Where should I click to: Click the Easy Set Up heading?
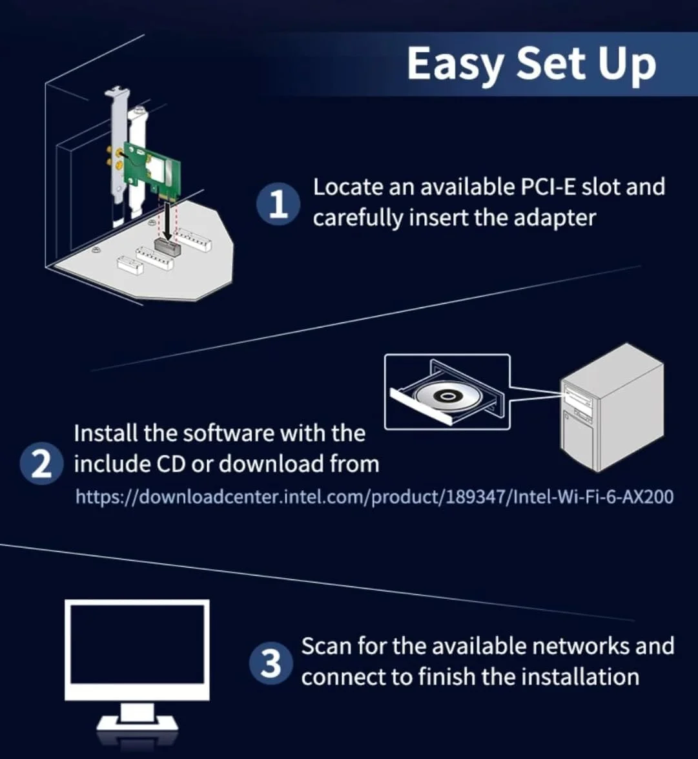(531, 64)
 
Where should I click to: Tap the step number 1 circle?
(278, 205)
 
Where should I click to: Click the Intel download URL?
(375, 497)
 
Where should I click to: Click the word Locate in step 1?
(347, 187)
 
